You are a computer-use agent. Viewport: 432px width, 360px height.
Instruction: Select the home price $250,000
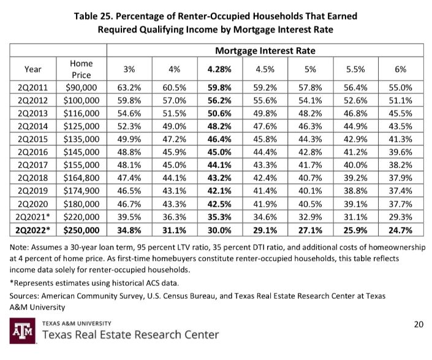pos(82,231)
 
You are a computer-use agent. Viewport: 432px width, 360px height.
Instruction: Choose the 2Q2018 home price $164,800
pos(82,175)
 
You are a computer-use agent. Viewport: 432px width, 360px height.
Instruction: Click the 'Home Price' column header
pos(82,69)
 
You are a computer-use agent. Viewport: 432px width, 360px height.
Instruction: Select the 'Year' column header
pos(33,69)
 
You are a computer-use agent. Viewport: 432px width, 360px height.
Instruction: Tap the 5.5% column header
pos(356,69)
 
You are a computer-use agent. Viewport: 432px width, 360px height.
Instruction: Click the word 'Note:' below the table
pos(22,247)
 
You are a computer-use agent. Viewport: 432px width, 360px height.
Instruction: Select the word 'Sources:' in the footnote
pos(27,296)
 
